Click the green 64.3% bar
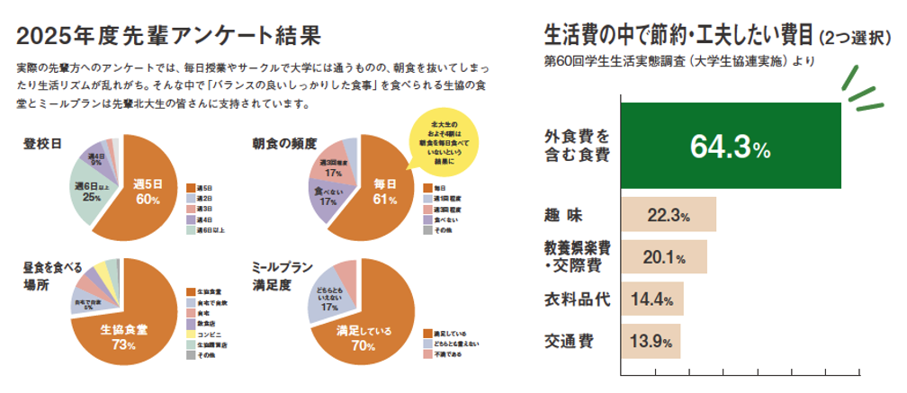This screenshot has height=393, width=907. pos(731,146)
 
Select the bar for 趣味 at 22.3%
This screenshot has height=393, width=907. pos(669,215)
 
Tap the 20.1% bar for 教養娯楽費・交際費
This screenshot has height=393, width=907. pos(664,257)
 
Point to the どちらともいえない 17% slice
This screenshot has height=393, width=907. pos(329,301)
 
